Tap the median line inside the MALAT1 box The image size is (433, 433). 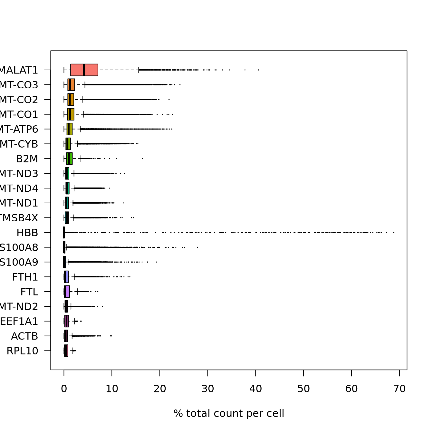(84, 70)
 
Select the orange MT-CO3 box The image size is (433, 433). (71, 85)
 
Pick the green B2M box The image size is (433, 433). (69, 159)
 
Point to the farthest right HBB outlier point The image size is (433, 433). (394, 232)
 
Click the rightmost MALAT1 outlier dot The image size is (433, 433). (258, 70)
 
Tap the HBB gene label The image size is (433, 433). (27, 233)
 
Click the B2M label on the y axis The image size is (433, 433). (27, 159)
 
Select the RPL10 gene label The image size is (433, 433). (22, 351)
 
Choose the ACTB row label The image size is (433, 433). (24, 336)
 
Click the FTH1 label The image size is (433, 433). (25, 277)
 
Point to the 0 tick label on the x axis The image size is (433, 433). (64, 389)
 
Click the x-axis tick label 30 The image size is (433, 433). (208, 389)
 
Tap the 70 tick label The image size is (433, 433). (399, 389)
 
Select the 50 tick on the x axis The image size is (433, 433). (303, 389)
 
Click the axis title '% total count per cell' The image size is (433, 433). (229, 413)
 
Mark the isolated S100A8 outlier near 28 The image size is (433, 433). (197, 247)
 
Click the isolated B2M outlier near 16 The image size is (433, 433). (142, 159)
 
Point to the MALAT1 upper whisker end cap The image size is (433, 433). (139, 70)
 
